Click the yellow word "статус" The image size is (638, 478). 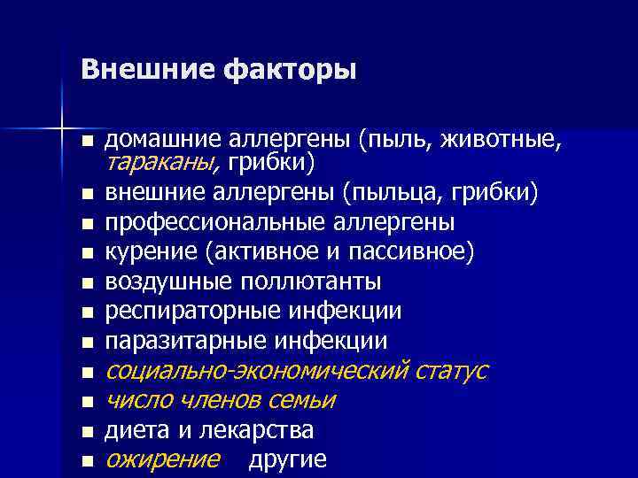click(x=452, y=370)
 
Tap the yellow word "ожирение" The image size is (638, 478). click(x=162, y=459)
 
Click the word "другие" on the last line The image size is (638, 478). click(x=287, y=459)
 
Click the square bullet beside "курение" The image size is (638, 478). click(x=86, y=254)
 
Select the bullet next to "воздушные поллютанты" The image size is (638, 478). click(x=86, y=284)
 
